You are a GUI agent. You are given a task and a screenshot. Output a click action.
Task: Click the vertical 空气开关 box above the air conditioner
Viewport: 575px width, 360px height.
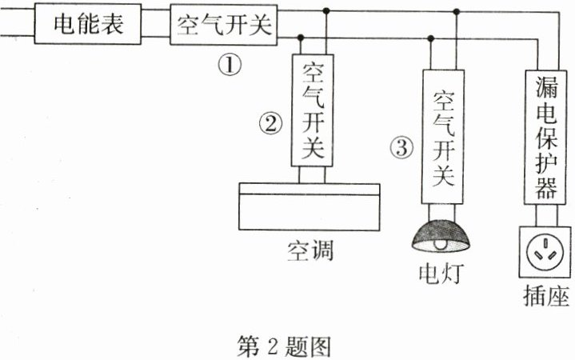pyautogui.click(x=313, y=110)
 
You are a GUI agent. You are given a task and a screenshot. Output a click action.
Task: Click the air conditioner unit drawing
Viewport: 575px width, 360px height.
pyautogui.click(x=309, y=206)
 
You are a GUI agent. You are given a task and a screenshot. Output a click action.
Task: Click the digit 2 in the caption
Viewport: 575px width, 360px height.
pyautogui.click(x=273, y=346)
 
